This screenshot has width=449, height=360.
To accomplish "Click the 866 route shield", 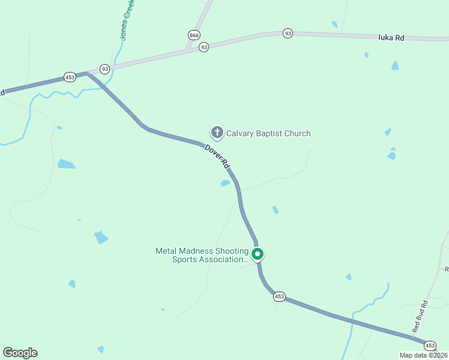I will point(193,35).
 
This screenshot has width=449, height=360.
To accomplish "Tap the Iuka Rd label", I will point(391,37).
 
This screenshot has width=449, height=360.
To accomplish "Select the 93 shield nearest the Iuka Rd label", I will point(288,34).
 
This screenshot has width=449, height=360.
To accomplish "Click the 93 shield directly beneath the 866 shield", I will point(204,47).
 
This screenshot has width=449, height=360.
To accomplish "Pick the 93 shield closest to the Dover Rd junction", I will point(105,69).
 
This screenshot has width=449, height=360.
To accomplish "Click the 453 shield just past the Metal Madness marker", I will point(279,296).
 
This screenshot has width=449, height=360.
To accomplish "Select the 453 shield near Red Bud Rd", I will point(430,346).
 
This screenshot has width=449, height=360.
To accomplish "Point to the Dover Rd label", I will point(217,156).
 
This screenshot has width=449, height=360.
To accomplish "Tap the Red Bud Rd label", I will point(419,316).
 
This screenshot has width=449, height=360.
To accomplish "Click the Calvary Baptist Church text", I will point(268,133).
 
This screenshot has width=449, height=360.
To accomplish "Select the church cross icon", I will point(217,133).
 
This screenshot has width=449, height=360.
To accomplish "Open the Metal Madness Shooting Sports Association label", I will point(202,255).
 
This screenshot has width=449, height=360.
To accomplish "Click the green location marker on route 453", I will point(258,254).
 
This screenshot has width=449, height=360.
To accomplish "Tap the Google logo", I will point(20,353).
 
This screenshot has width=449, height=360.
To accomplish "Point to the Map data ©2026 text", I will point(424,355).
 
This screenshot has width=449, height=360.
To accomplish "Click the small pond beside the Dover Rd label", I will point(225,183).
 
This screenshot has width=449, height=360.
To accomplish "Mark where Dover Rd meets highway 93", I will point(88,73).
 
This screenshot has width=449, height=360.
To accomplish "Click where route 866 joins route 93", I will point(188,50).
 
